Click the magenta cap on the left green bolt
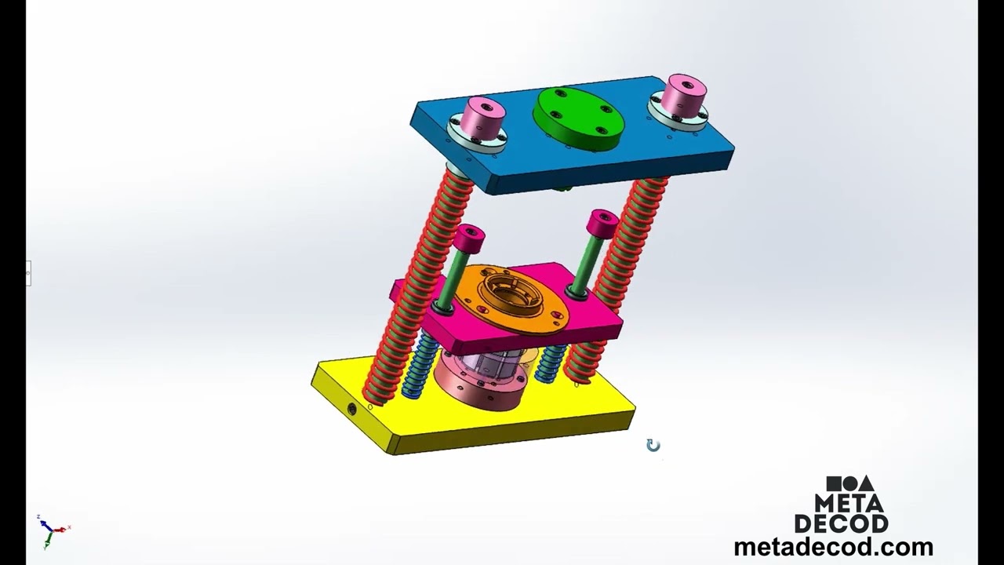coord(469,236)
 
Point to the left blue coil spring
coord(417,364)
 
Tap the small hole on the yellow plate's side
coord(351,408)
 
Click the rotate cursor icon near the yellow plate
coord(653,446)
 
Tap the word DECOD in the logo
coord(842,523)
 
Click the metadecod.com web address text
coord(833,547)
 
